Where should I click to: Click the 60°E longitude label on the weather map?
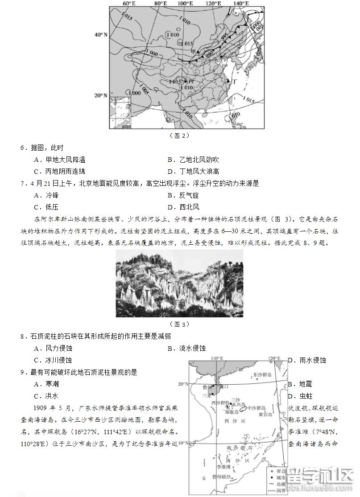(129, 4)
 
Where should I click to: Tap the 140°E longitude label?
(241, 4)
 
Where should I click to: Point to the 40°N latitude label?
(101, 34)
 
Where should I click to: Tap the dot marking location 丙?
(185, 82)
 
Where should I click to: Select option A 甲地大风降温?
(59, 160)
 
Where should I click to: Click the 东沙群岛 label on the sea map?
(262, 375)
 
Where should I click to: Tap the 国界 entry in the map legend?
(281, 491)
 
